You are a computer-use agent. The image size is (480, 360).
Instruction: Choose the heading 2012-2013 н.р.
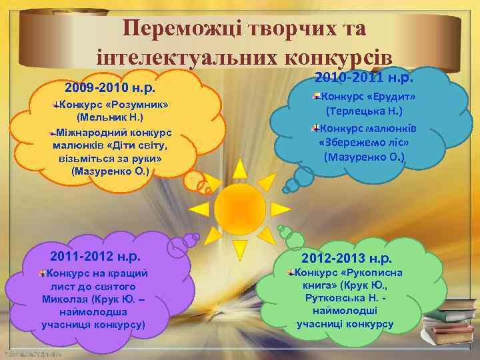point(347,258)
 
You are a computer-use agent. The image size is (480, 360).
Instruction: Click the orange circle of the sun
point(239,207)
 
